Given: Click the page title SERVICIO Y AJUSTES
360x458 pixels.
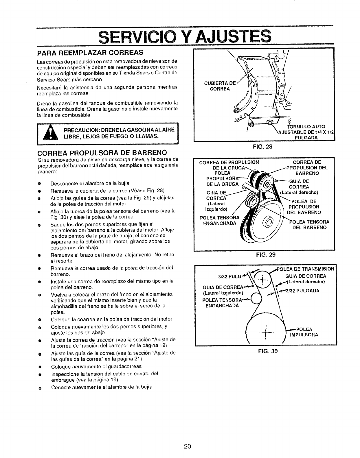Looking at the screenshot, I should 185,36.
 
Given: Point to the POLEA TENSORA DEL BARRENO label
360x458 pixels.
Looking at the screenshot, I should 310,225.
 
